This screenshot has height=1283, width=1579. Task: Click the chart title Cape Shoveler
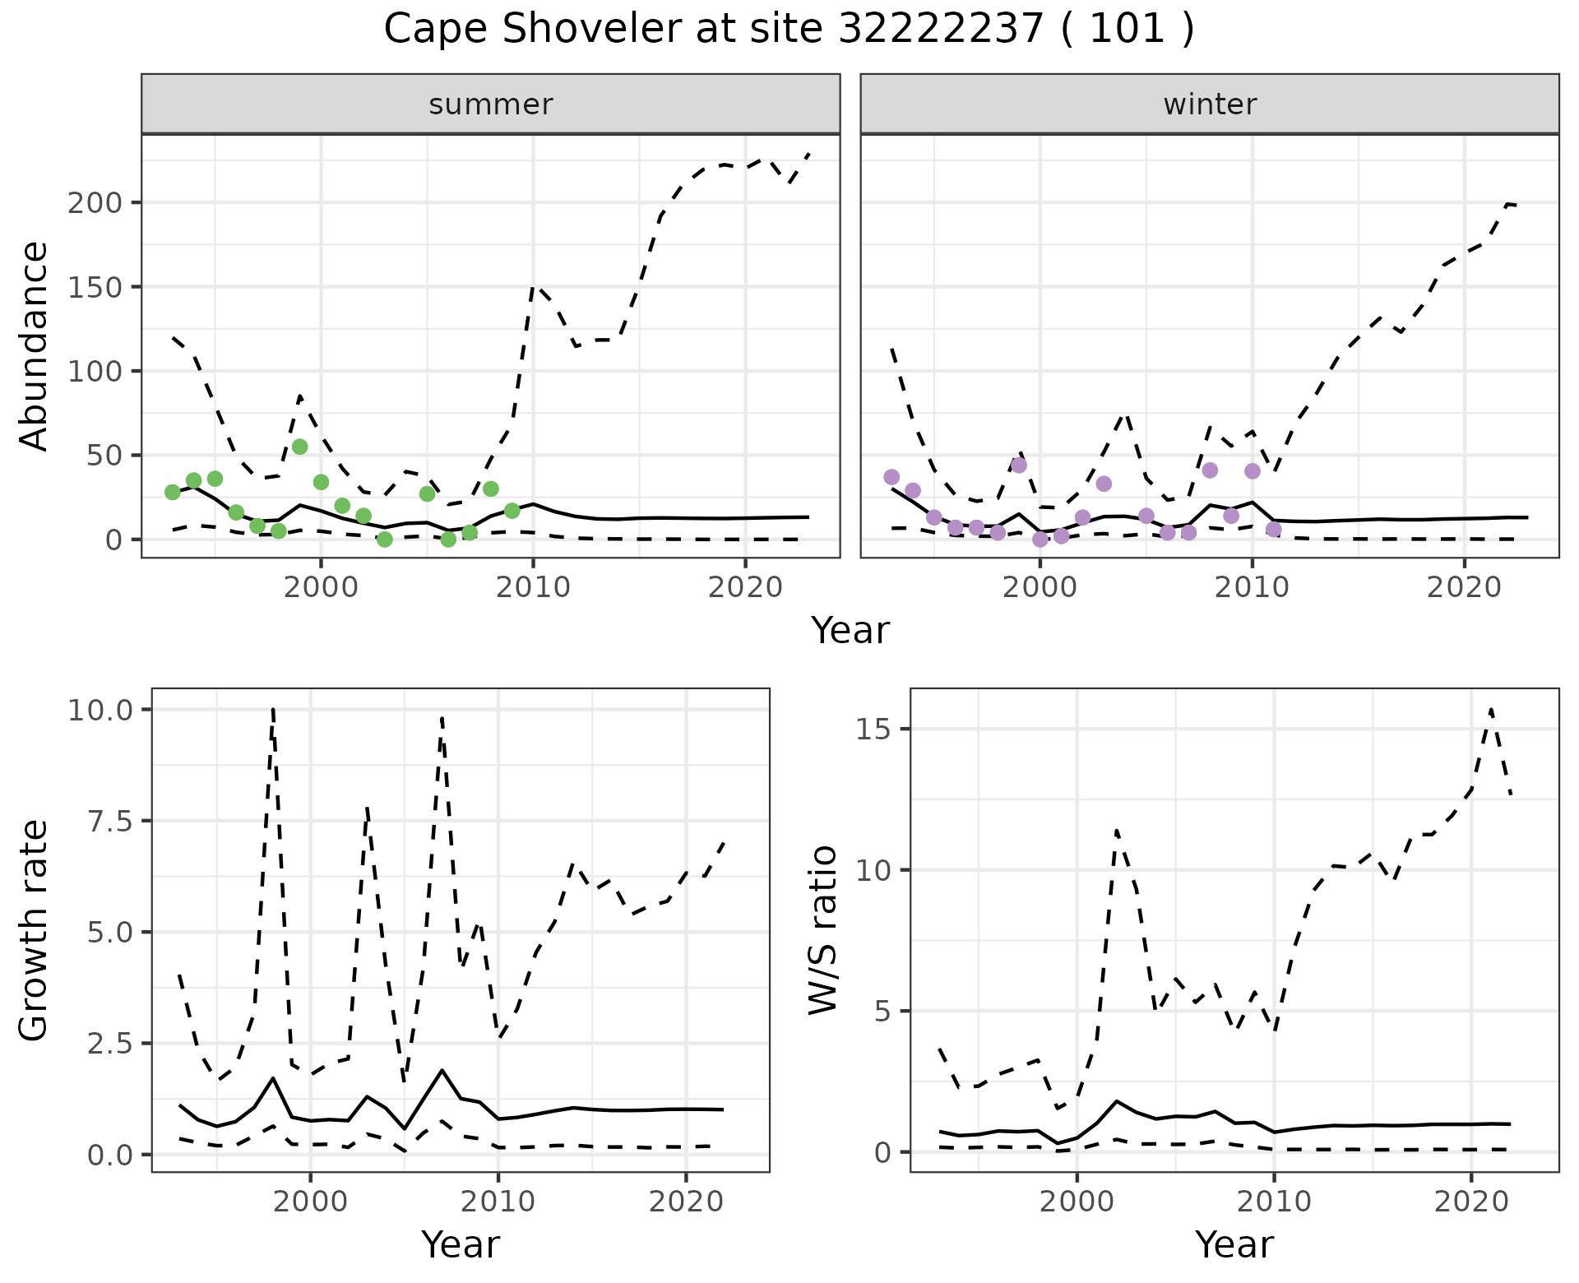pyautogui.click(x=788, y=30)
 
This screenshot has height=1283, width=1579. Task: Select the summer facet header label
pyautogui.click(x=491, y=104)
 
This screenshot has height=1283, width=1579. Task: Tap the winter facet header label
pyautogui.click(x=1210, y=104)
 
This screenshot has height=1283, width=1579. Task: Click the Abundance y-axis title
pyautogui.click(x=35, y=346)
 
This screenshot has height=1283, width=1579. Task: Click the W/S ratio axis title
pyautogui.click(x=823, y=930)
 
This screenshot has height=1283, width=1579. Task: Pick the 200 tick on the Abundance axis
pyautogui.click(x=94, y=203)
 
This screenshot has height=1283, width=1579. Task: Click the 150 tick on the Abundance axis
pyautogui.click(x=94, y=287)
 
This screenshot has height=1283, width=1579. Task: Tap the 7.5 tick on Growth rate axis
pyautogui.click(x=104, y=821)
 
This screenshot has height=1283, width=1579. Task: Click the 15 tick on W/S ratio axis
pyautogui.click(x=873, y=730)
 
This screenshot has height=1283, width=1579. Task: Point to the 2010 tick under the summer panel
pyautogui.click(x=533, y=587)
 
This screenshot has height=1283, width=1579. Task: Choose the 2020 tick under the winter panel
pyautogui.click(x=1464, y=587)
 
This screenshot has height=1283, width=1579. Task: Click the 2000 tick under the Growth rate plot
pyautogui.click(x=310, y=1202)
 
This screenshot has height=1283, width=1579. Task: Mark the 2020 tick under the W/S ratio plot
pyautogui.click(x=1470, y=1202)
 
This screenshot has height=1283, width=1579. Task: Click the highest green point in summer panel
pyautogui.click(x=300, y=447)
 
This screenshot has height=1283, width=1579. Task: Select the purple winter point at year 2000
pyautogui.click(x=1040, y=540)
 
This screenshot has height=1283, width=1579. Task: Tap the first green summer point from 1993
pyautogui.click(x=173, y=492)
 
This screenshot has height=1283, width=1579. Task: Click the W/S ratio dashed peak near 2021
pyautogui.click(x=1491, y=709)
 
